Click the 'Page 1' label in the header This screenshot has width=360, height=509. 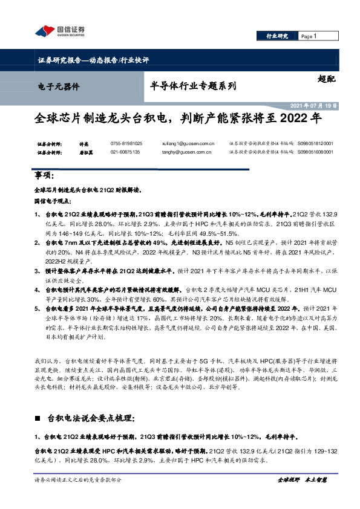[x=309, y=36]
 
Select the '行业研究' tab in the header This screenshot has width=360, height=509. [x=277, y=36]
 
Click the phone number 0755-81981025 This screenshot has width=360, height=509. [x=126, y=143]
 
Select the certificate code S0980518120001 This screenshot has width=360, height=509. [x=315, y=143]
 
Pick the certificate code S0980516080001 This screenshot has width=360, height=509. [x=315, y=152]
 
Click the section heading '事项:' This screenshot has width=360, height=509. [x=45, y=175]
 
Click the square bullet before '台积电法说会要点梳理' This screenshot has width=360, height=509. [x=38, y=418]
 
